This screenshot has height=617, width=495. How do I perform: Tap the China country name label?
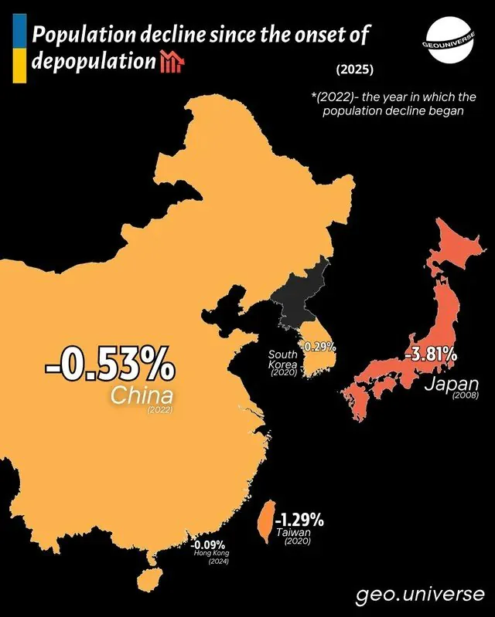pyautogui.click(x=140, y=395)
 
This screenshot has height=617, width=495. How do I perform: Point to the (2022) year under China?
pyautogui.click(x=159, y=409)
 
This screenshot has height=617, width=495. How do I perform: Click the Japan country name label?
pyautogui.click(x=452, y=383)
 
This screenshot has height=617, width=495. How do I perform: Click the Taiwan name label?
pyautogui.click(x=293, y=532)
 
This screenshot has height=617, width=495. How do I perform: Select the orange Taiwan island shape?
pyautogui.click(x=263, y=520)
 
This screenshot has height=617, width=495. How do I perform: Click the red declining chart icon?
pyautogui.click(x=170, y=62)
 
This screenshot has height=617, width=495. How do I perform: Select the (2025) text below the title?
pyautogui.click(x=355, y=70)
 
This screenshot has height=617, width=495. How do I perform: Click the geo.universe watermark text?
pyautogui.click(x=421, y=595)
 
